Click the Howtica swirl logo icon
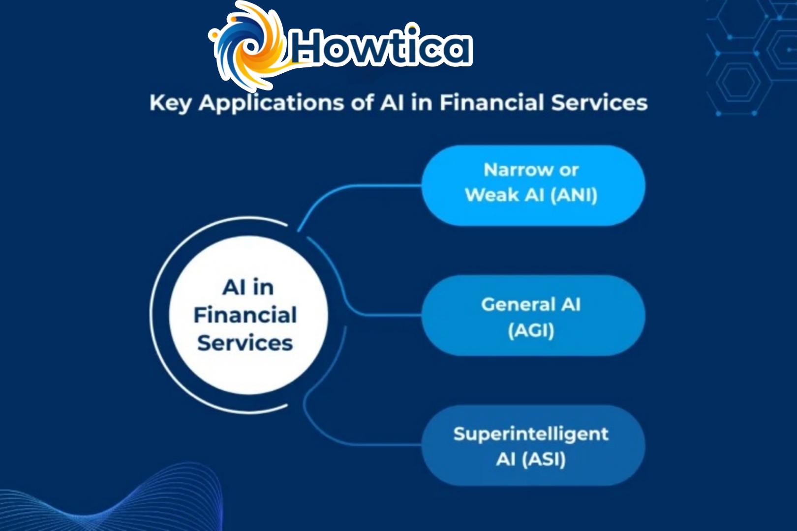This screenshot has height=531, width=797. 248,47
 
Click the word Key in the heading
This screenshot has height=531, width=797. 170,103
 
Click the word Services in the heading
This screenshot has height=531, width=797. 599,103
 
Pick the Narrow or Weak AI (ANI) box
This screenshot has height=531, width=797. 533,185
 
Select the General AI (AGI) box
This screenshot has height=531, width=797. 533,316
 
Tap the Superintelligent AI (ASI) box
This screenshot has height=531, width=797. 533,445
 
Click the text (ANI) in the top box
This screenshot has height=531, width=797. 574,195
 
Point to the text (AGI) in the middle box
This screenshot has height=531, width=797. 531,330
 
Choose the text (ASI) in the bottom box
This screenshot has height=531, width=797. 544,459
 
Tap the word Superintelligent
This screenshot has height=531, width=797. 531,434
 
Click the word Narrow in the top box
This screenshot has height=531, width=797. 511,170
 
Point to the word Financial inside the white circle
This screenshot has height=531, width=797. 245,315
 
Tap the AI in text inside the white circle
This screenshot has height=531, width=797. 248,287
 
